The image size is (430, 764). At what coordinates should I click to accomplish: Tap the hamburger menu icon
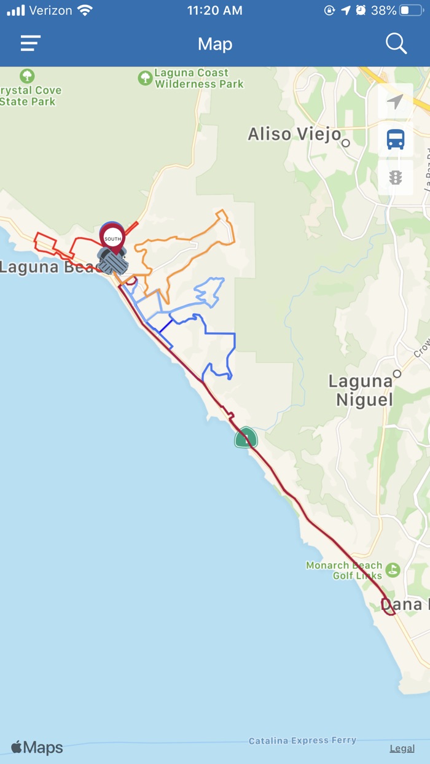[30, 44]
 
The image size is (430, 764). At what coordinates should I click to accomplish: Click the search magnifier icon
[396, 44]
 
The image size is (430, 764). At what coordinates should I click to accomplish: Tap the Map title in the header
[215, 44]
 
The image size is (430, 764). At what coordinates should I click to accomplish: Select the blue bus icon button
[396, 140]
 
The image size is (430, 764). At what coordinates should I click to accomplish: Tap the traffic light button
[396, 178]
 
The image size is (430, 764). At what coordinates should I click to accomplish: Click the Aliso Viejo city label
[294, 134]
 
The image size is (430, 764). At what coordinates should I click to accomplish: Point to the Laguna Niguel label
[361, 391]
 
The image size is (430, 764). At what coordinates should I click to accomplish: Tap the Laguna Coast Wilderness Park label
[199, 79]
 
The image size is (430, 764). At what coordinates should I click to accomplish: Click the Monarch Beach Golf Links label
[344, 571]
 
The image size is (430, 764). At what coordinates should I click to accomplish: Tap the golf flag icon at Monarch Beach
[393, 570]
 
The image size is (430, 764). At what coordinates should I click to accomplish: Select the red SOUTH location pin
[112, 237]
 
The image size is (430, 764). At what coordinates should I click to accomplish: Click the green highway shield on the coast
[246, 438]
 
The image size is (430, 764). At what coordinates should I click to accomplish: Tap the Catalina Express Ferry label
[302, 741]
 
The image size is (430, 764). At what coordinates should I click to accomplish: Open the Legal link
[402, 749]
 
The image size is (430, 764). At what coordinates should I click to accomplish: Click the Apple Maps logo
[37, 747]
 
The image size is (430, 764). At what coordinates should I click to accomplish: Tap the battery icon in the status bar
[411, 10]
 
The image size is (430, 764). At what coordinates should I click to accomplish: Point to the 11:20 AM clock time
[214, 10]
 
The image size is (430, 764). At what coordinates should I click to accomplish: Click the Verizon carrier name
[51, 10]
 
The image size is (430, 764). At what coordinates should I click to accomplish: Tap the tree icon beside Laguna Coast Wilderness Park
[145, 78]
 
